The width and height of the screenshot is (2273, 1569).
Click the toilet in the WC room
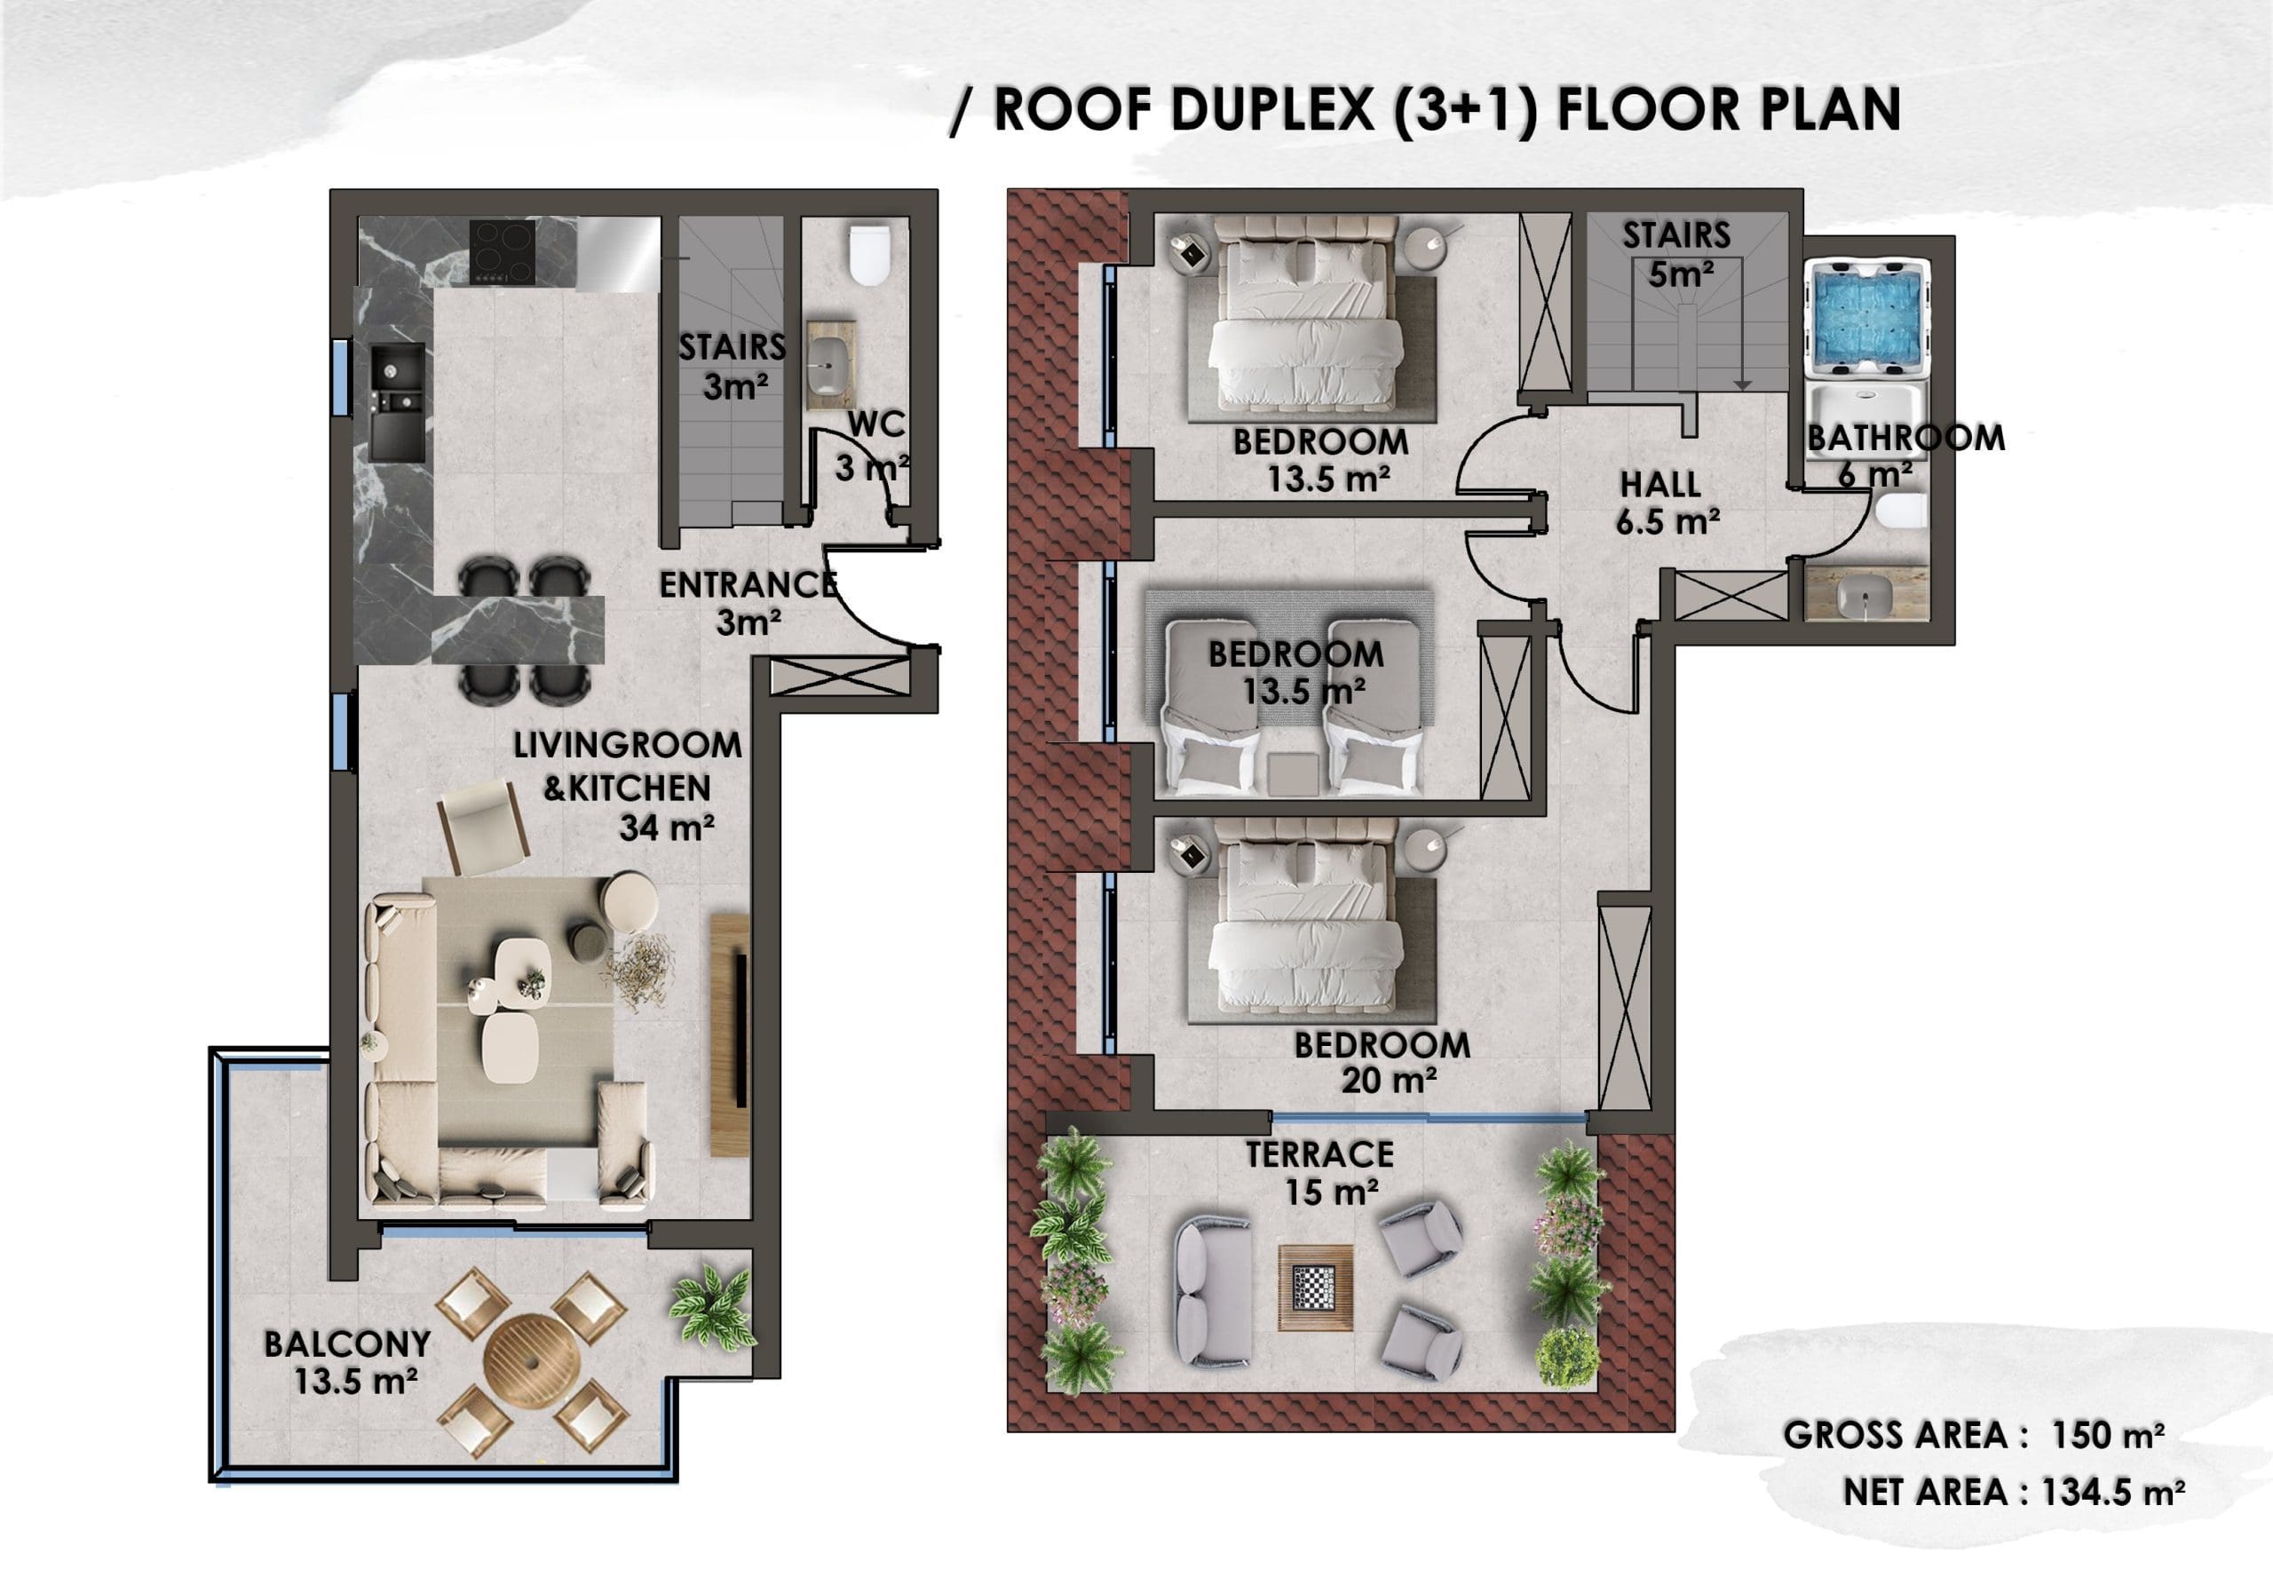point(869,256)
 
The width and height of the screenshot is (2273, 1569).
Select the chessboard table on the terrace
point(1316,1287)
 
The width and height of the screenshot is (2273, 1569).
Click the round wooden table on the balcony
point(533,1361)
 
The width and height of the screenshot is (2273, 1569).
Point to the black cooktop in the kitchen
point(503,251)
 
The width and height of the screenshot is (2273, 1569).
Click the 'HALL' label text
point(1660,484)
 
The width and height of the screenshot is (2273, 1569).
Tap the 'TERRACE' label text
point(1319,1154)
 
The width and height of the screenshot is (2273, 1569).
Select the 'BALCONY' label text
point(347,1343)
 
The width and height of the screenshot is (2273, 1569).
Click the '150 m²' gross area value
point(2107,1434)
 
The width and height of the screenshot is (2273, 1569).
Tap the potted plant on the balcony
point(712,1304)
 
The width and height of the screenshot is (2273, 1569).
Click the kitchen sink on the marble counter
point(397,401)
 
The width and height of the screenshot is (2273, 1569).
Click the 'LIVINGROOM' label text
point(627,745)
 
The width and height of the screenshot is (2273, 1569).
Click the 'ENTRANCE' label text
point(748,585)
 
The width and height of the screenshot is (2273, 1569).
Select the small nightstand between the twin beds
point(1292,773)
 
